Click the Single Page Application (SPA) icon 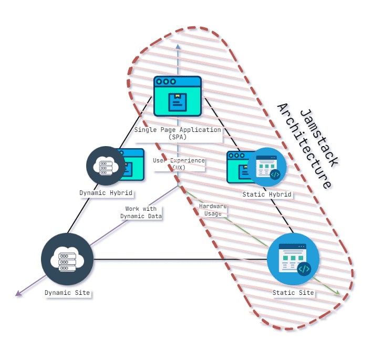tap(178, 96)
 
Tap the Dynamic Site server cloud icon tap(67, 259)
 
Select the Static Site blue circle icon tap(293, 259)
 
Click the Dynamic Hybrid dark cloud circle tap(106, 166)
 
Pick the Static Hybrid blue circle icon tap(267, 167)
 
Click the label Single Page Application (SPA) tap(178, 133)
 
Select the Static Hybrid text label tap(267, 194)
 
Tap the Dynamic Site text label tap(67, 293)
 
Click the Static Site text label tap(293, 293)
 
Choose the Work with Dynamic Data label tap(141, 212)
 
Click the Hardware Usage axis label tap(213, 210)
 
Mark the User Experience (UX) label tap(179, 163)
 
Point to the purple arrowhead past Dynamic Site tap(18, 294)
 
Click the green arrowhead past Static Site tap(337, 294)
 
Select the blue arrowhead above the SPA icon tap(178, 47)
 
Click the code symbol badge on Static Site tap(304, 269)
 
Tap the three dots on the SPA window tap(166, 82)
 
